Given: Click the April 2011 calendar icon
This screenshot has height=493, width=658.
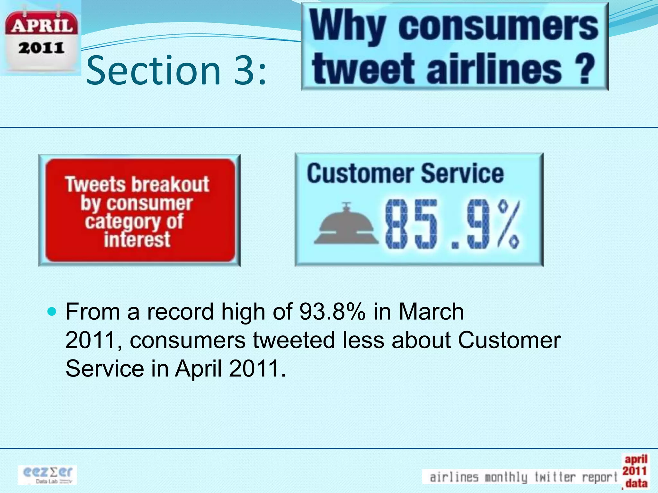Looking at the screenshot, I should [x=41, y=39].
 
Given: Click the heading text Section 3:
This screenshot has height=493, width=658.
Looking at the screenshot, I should [x=176, y=71].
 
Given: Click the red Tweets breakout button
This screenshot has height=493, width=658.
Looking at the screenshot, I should [x=139, y=211].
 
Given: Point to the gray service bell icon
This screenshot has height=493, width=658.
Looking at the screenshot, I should [x=346, y=225].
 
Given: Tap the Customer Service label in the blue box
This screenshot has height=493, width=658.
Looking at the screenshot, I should [x=405, y=174].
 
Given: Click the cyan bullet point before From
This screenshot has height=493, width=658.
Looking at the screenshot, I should [x=52, y=311].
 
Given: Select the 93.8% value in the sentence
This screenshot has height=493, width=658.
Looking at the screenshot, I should [x=332, y=312].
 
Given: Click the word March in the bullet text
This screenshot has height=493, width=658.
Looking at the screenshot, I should [x=431, y=312].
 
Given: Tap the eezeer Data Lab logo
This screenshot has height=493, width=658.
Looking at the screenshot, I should [x=48, y=475].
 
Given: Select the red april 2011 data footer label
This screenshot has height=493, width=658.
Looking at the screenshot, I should [x=635, y=471].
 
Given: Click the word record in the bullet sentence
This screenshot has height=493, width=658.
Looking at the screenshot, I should [x=180, y=312].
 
